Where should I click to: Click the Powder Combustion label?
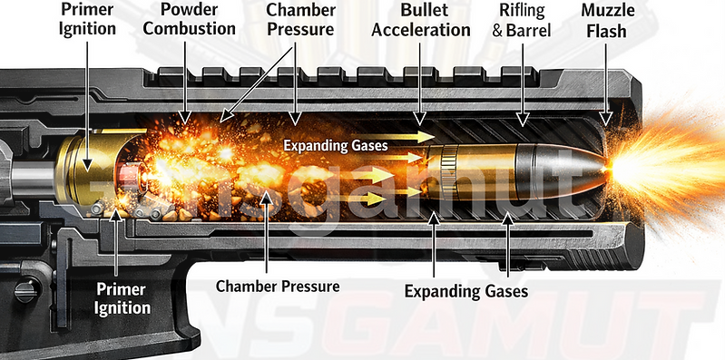click(196, 19)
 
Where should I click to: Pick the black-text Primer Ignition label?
click(87, 19)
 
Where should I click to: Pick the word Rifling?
click(521, 10)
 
